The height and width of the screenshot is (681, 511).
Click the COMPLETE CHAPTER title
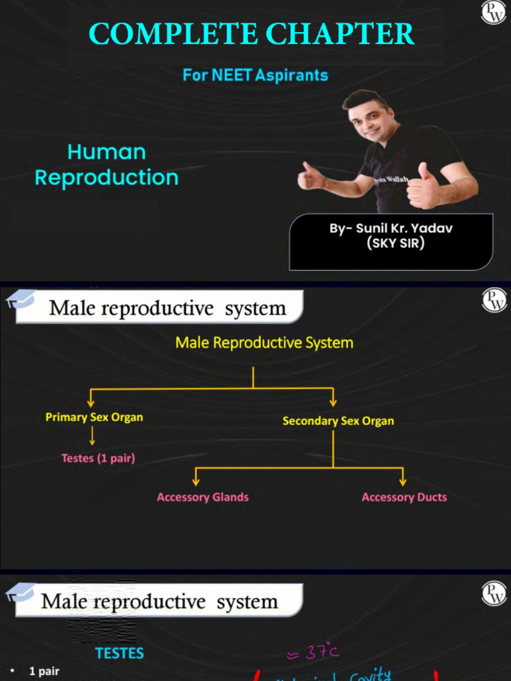point(252,34)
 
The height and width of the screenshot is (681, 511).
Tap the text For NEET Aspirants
point(255,75)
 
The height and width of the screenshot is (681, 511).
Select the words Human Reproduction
point(106,165)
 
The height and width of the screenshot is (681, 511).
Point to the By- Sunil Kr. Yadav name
point(391,229)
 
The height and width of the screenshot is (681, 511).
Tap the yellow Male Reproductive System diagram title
point(264,343)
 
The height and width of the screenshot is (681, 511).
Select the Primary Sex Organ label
point(94,418)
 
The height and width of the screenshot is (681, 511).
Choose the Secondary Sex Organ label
point(338,421)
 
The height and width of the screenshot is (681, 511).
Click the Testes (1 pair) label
point(98,458)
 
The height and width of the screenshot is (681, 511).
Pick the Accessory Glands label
point(203,497)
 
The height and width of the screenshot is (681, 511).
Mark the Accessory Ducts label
point(404,497)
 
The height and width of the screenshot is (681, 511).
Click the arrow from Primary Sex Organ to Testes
point(92,436)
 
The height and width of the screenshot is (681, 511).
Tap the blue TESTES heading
point(120,653)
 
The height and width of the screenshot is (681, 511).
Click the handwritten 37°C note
point(313,653)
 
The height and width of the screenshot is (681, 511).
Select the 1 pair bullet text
point(44,671)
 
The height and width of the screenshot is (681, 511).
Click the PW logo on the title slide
point(494,13)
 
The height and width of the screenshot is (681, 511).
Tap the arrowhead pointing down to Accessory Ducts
point(403,480)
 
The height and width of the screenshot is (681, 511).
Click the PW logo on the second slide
point(494,300)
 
